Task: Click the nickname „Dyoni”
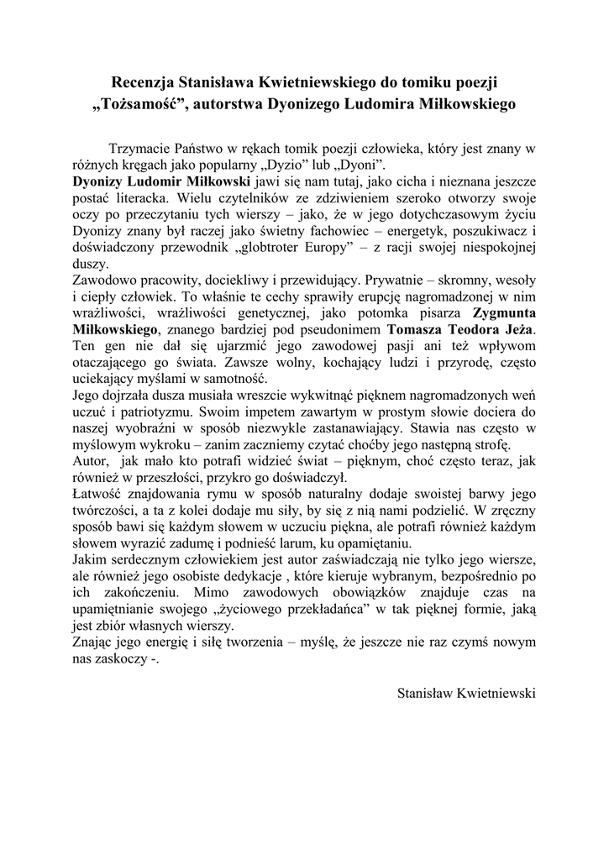click(360, 165)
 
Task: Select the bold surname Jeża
click(513, 327)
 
